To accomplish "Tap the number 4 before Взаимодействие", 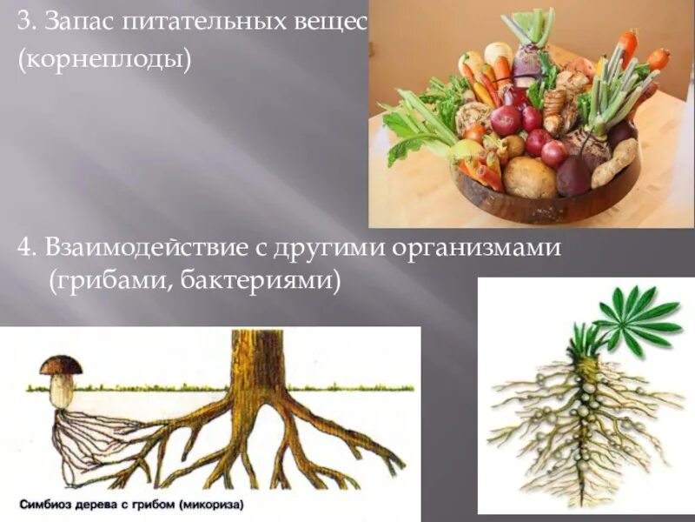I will tap(24, 248).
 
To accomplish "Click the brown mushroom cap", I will tap(61, 365).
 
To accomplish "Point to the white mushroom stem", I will tap(61, 391).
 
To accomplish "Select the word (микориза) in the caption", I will tap(208, 504).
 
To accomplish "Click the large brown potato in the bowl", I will tap(529, 177).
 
